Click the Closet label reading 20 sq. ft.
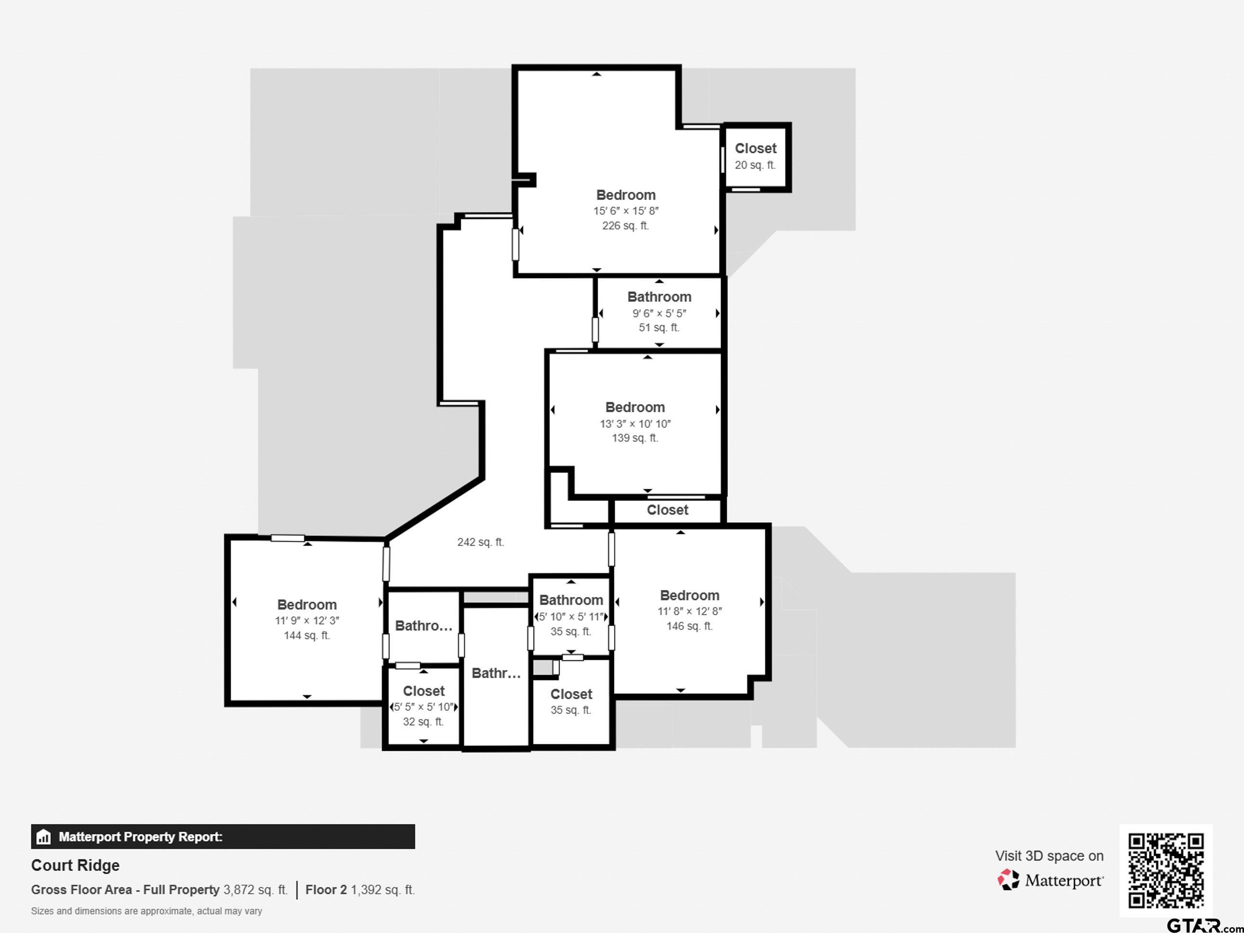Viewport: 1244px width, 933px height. point(755,148)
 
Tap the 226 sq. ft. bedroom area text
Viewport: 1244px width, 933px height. point(626,226)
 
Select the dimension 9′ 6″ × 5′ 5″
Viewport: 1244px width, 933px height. point(659,313)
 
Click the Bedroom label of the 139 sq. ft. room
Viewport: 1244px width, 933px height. point(635,407)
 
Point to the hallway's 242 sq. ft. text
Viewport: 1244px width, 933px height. point(480,542)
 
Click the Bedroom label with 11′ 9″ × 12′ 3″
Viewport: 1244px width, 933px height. point(307,604)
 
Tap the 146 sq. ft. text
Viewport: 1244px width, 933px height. point(690,626)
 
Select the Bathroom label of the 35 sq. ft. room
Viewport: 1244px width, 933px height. point(571,600)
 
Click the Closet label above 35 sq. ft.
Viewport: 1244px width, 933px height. point(571,694)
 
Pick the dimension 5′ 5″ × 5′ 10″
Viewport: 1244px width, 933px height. point(424,707)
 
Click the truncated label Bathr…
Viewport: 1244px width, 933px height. point(496,673)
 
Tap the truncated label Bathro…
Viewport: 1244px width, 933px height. point(424,626)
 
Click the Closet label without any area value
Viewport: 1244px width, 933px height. point(667,510)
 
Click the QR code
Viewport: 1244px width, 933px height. point(1166,870)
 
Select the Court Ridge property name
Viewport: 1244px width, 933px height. point(75,865)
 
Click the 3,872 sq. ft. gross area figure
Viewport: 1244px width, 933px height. point(255,890)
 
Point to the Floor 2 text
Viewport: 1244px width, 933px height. point(326,890)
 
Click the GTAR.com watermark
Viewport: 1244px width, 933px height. point(1204,924)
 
